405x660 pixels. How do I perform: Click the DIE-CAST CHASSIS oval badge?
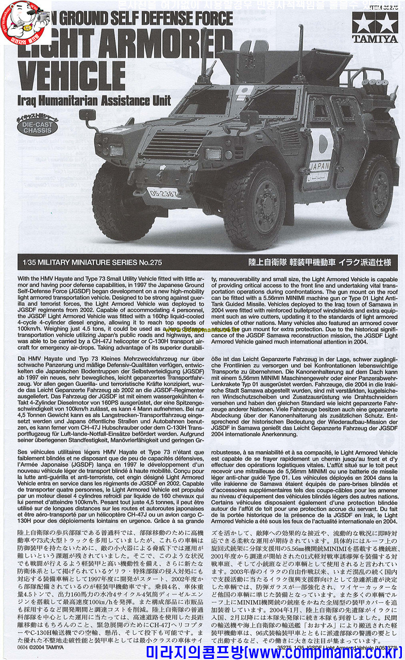click(x=40, y=127)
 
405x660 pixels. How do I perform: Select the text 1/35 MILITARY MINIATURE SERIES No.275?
click(x=86, y=262)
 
